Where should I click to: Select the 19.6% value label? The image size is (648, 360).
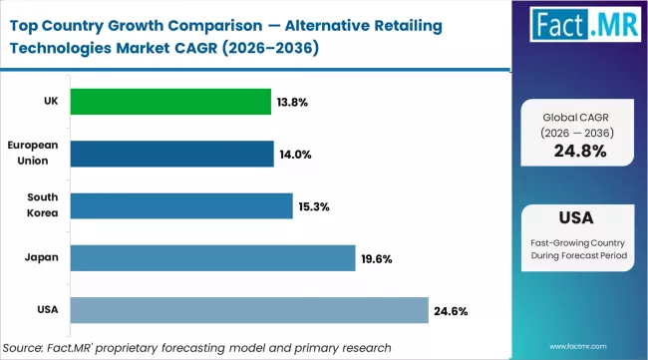pos(376,259)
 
